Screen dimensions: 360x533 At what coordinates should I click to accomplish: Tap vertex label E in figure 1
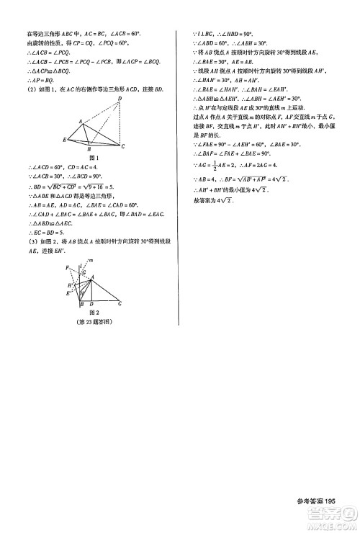65,139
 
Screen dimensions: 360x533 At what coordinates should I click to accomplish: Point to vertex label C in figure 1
123,147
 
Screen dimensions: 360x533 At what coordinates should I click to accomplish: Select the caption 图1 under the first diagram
92,157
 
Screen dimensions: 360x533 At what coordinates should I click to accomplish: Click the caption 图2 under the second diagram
92,313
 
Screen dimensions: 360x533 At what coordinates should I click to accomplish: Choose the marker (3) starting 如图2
30,241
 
